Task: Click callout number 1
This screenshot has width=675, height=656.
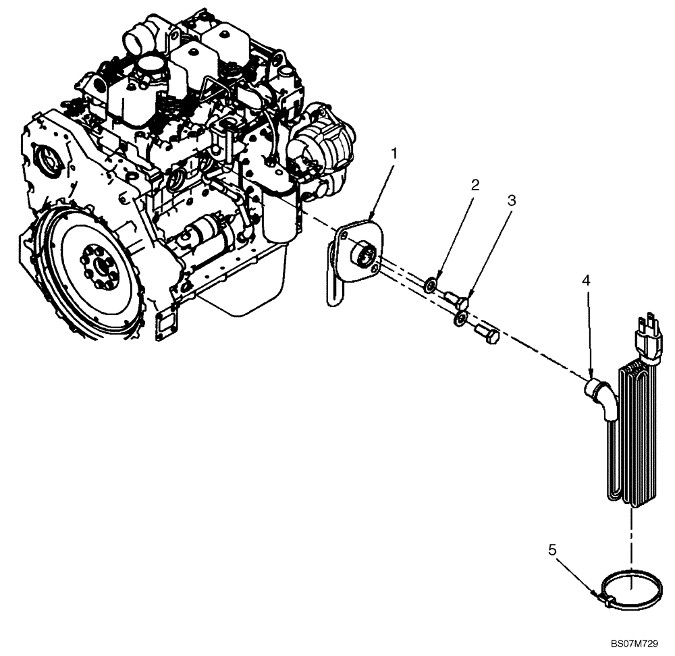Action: (x=395, y=153)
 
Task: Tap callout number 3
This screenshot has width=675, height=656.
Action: (x=512, y=200)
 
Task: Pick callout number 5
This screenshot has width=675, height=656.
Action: (x=552, y=550)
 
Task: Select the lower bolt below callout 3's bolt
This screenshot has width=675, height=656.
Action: (x=486, y=333)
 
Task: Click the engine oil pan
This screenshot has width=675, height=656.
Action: (x=236, y=290)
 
